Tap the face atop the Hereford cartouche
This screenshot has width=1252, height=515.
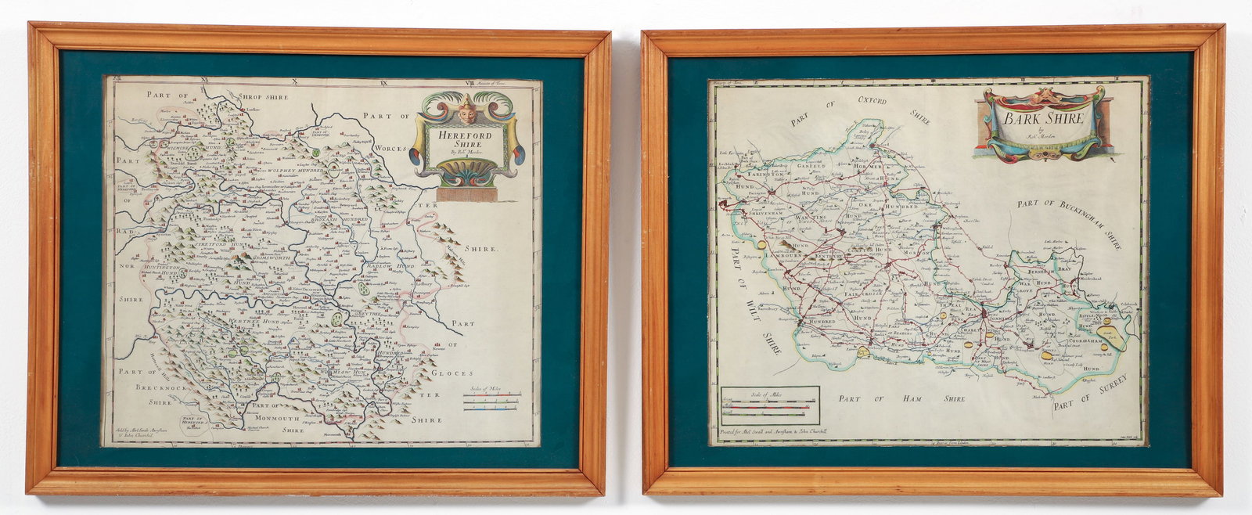point(468,110)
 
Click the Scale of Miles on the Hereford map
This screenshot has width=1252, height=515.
point(491,398)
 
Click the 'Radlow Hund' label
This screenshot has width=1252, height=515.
point(388,265)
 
